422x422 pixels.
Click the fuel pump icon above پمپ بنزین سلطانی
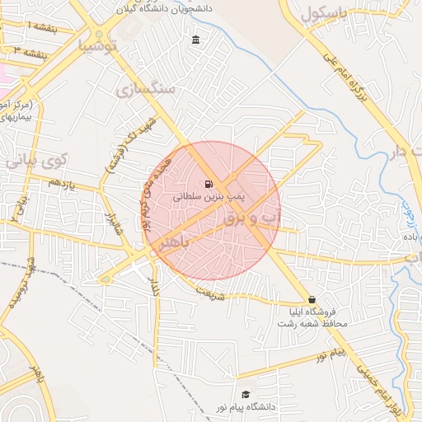[x=207, y=184]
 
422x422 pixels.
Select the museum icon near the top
[x=195, y=40]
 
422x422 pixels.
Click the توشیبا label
[x=100, y=46]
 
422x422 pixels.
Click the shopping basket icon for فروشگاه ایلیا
[x=312, y=299]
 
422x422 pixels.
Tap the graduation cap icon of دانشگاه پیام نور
[x=245, y=395]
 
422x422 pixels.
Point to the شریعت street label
[x=210, y=292]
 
